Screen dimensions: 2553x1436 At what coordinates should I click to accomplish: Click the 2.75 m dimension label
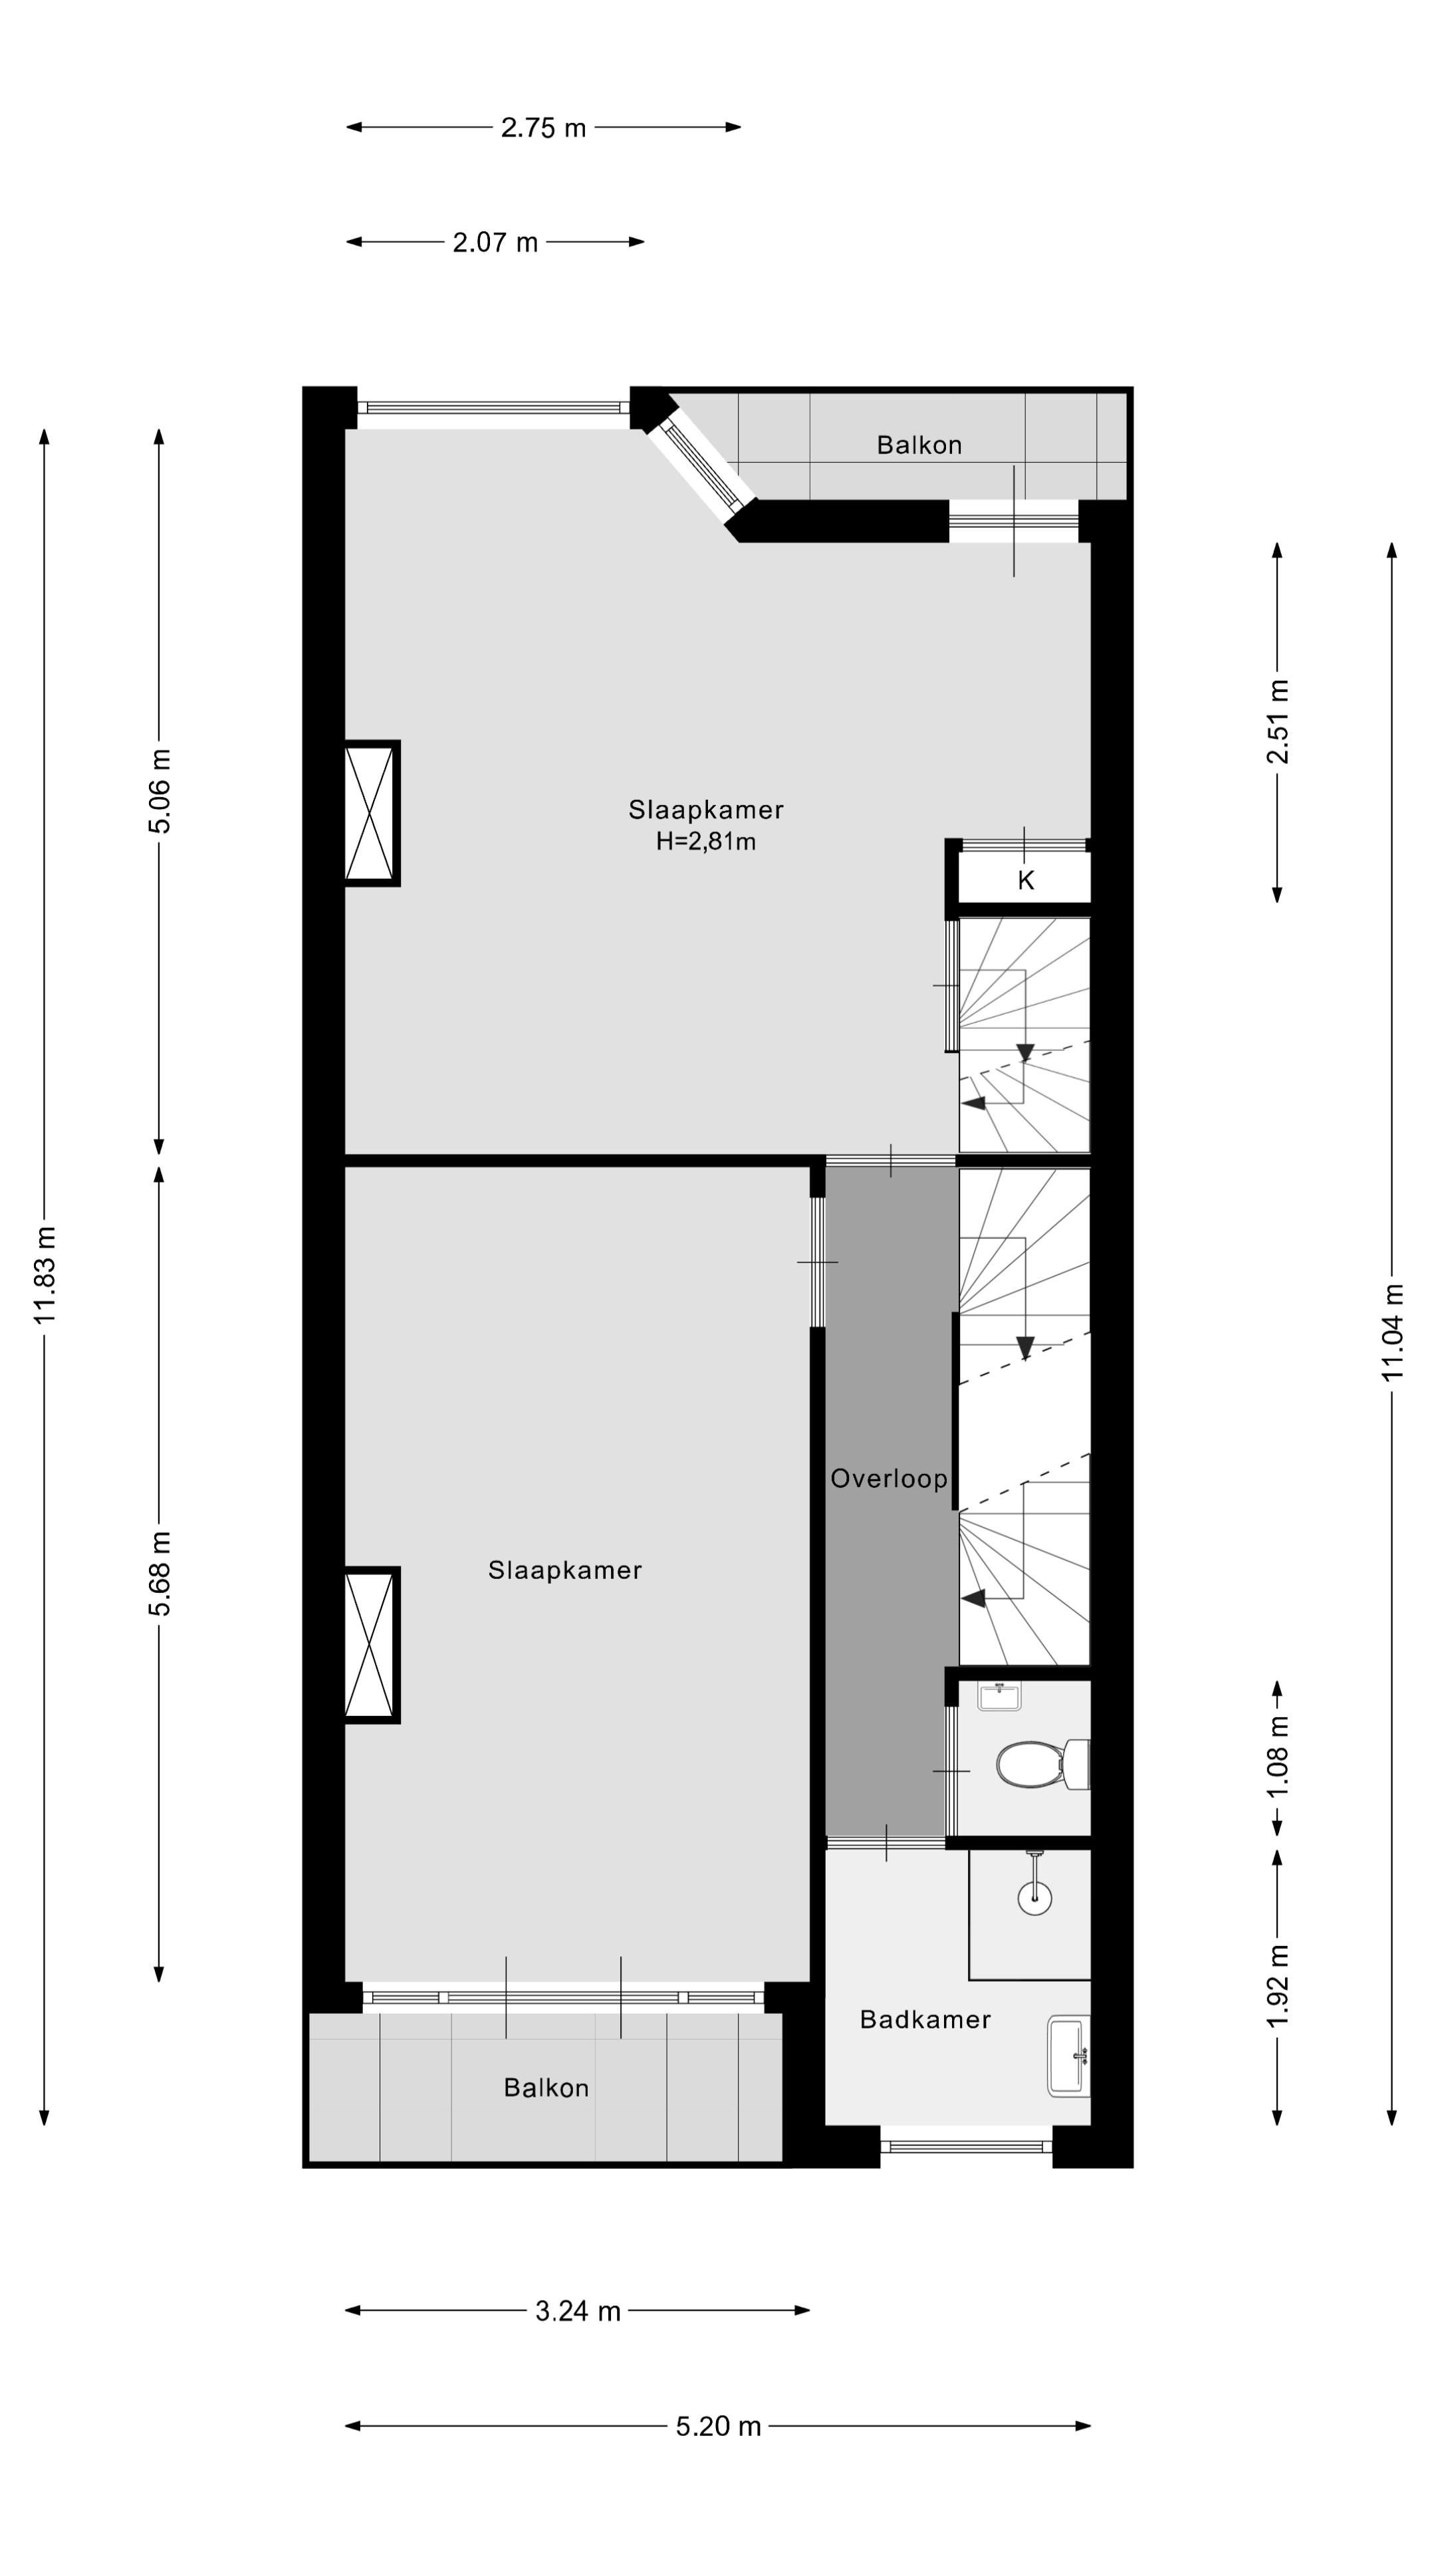[x=543, y=128]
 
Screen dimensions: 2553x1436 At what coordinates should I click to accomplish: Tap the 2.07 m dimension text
[x=495, y=243]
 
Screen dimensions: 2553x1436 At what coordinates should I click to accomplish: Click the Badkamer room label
[x=925, y=2020]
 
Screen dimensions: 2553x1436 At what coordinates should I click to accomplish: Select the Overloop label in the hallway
[x=889, y=1479]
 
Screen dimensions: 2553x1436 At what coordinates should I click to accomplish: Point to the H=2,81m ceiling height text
[x=705, y=842]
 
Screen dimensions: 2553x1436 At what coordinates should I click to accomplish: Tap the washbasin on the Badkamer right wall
[x=1068, y=2056]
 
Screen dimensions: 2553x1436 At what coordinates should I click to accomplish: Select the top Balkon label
[x=919, y=445]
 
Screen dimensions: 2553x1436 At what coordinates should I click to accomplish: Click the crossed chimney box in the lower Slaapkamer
[x=371, y=1645]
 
